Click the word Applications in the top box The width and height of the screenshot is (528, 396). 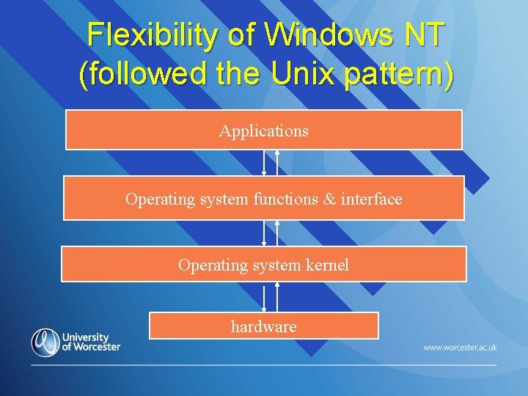(263, 131)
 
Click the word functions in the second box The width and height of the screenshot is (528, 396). (285, 199)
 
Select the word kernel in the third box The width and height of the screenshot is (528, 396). (326, 265)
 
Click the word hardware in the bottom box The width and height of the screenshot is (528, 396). (263, 326)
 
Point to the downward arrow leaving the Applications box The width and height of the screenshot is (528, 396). (264, 162)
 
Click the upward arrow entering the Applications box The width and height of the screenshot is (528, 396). (277, 162)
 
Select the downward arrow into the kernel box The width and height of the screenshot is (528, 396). (264, 232)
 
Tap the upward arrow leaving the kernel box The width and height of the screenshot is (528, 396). (277, 232)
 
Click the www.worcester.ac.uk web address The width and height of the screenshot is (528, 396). (460, 347)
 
